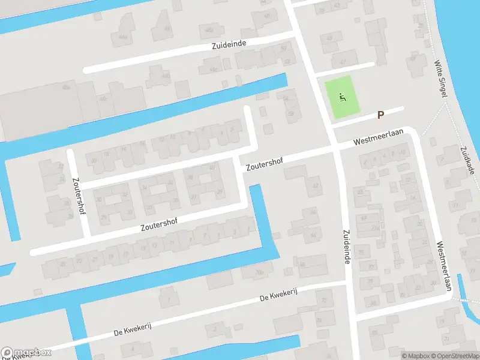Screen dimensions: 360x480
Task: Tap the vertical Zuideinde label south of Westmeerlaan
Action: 346,244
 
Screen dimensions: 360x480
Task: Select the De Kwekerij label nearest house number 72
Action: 278,293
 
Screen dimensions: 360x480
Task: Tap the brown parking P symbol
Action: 380,115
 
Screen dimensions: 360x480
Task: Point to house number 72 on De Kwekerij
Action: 325,300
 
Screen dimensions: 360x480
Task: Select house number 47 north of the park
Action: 343,61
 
